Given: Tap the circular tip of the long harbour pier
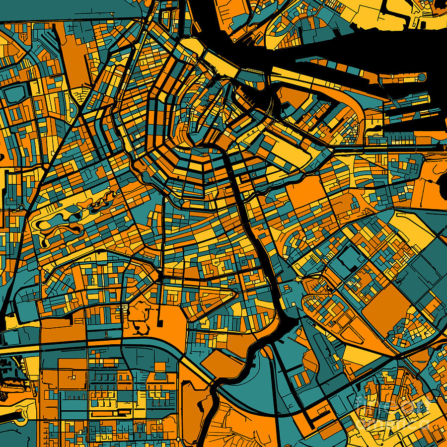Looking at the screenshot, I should (422, 77).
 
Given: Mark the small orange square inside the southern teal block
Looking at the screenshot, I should (159, 367).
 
